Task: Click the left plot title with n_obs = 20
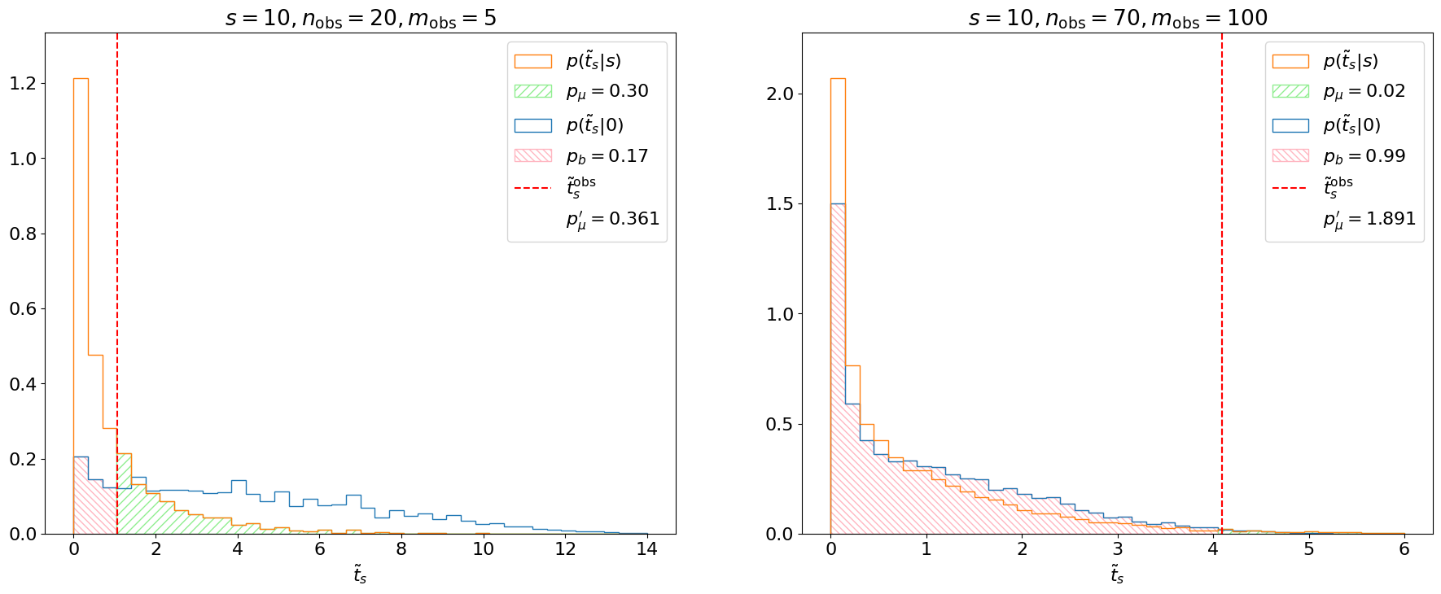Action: point(361,18)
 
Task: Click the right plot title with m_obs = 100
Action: point(1118,18)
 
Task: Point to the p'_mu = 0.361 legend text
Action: point(612,219)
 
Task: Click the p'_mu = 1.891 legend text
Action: point(1369,219)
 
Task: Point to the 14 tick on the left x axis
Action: point(647,549)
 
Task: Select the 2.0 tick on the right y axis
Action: point(781,94)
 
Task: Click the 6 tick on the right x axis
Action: point(1404,549)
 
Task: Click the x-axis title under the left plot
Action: point(360,575)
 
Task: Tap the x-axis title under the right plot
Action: point(1117,575)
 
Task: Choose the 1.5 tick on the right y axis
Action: point(781,203)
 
